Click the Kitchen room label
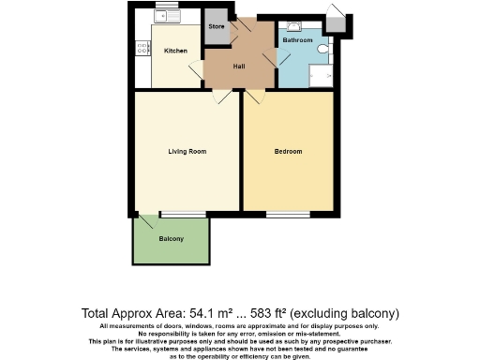(175, 51)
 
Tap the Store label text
(217, 27)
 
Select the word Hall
(239, 66)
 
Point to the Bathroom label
(297, 40)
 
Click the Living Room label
(187, 151)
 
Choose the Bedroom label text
(288, 151)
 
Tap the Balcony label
(171, 239)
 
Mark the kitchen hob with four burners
(142, 47)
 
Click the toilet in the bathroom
(323, 47)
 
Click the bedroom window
(288, 215)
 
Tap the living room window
(183, 215)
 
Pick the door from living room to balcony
(146, 221)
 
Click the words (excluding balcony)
(352, 312)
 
